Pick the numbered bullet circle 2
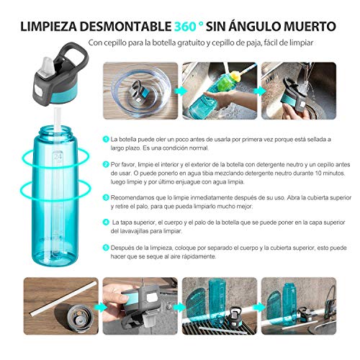[x=104, y=163]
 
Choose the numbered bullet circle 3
[x=104, y=194]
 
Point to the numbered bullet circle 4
[x=104, y=221]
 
